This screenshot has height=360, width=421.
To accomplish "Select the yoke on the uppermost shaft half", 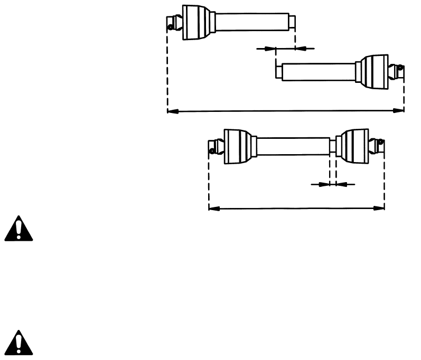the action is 172,23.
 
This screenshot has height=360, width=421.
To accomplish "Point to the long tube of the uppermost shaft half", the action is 251,22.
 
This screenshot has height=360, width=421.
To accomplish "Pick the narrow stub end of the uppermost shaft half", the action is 292,22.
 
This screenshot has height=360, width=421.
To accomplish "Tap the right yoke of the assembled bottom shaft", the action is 379,144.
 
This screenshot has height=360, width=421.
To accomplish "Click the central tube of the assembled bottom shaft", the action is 293,146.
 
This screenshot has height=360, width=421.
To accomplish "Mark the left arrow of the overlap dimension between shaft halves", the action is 272,49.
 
